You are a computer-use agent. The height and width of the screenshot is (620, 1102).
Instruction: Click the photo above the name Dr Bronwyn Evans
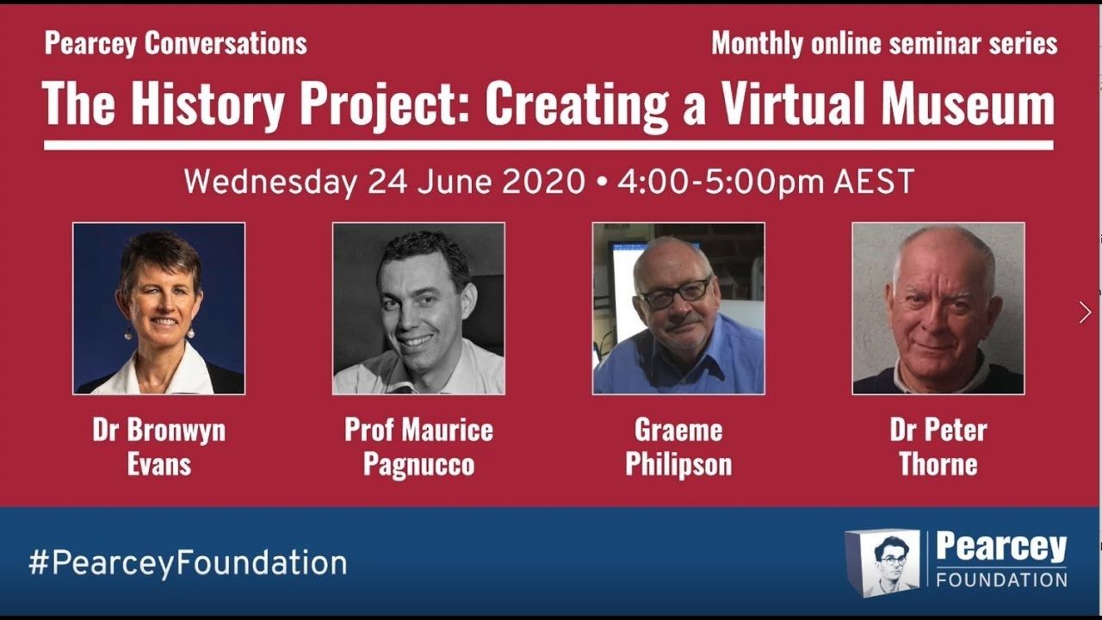(x=159, y=308)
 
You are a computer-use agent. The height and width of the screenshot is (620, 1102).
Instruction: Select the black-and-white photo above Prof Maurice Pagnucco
(x=418, y=308)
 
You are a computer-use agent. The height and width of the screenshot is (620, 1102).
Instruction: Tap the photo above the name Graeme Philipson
(x=678, y=308)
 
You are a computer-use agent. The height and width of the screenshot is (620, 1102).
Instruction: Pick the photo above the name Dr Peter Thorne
(x=938, y=308)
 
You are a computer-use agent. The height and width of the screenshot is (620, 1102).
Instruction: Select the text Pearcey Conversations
(x=176, y=44)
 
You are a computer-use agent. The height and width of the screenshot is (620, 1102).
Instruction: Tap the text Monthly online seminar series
(x=884, y=44)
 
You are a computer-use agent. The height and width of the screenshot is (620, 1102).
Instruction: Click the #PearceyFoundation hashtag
(x=188, y=563)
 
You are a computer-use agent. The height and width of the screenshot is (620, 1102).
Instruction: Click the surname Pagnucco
(x=418, y=464)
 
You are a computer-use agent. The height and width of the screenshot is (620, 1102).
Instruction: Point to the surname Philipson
(x=678, y=464)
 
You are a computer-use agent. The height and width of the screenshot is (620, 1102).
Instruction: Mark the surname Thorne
(x=938, y=464)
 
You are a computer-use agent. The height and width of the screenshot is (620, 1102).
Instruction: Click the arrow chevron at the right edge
(x=1085, y=312)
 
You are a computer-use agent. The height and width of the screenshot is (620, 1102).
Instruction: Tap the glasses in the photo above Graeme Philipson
(x=674, y=293)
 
